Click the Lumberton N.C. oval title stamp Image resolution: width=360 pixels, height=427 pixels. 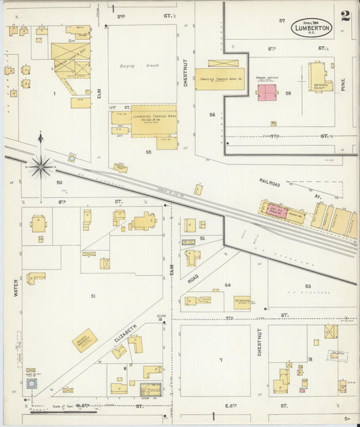(x=311, y=28)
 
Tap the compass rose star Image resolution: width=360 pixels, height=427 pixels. (x=40, y=165)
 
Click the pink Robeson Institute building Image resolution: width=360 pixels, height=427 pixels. (x=266, y=92)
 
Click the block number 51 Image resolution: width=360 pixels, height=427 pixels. (x=93, y=297)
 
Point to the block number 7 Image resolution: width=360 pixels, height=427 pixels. (x=220, y=360)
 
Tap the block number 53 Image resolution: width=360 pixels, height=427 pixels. (x=307, y=286)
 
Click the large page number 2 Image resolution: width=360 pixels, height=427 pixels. (x=345, y=16)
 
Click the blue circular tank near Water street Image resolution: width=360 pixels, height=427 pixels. (x=31, y=383)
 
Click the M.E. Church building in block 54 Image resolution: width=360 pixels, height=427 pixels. (x=242, y=302)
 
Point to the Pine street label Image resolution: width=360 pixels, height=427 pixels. (x=343, y=84)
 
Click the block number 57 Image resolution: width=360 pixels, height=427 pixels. (x=282, y=21)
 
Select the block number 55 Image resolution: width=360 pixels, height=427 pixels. (x=148, y=153)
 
